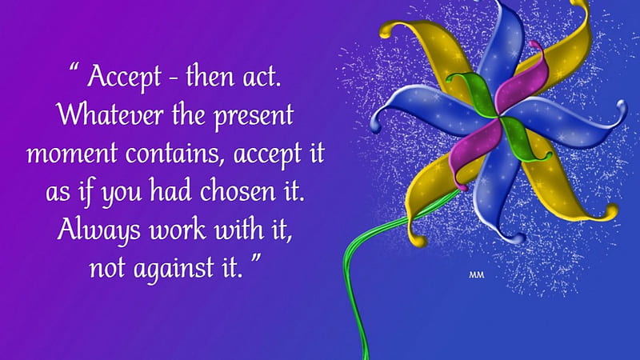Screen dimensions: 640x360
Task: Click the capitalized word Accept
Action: [x=124, y=76]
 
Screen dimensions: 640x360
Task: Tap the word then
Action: [x=210, y=75]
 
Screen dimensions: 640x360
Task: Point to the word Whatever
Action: [x=110, y=114]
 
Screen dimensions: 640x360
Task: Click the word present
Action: [x=254, y=117]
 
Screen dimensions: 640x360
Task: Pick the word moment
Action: [x=72, y=154]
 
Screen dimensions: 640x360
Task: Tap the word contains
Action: [x=175, y=154]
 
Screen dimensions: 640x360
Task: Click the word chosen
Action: [x=238, y=191]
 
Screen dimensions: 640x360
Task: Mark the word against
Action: [x=174, y=270]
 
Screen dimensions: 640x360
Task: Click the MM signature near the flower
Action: [x=476, y=275]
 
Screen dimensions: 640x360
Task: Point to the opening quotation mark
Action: [x=74, y=67]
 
